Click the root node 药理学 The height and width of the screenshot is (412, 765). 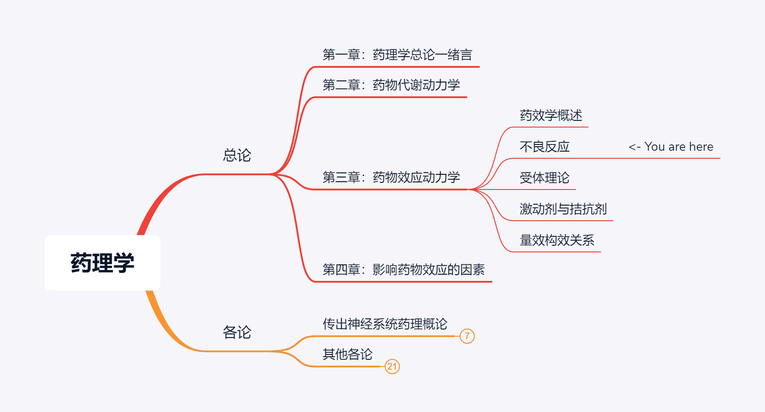tap(102, 263)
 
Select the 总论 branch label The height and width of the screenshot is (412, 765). tap(237, 155)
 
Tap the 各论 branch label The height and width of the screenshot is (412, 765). tap(237, 332)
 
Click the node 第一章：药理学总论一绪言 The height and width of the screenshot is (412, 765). tap(397, 55)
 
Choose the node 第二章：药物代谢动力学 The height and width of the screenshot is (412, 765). tap(391, 85)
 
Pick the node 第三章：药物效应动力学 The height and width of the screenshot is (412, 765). tap(391, 177)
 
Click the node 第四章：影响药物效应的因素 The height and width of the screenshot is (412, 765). tap(403, 269)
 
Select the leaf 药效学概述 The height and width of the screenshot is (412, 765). tap(551, 115)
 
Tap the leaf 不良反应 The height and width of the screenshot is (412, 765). tap(544, 147)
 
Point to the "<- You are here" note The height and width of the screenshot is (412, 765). tap(670, 147)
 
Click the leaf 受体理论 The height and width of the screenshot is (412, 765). tap(544, 178)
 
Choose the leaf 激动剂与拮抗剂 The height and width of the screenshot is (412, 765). tap(563, 209)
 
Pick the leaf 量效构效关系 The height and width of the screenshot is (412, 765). tap(557, 240)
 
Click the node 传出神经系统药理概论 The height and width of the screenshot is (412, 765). tap(385, 324)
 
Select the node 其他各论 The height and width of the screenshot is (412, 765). tap(347, 354)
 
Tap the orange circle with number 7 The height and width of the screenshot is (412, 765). tap(467, 336)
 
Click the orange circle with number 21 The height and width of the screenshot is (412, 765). tap(392, 367)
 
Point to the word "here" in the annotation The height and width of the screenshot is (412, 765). tap(701, 147)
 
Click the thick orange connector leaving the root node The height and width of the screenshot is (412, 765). tap(163, 323)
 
